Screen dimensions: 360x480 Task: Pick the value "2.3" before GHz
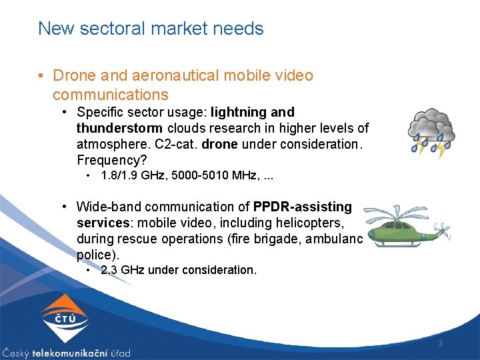(x=109, y=270)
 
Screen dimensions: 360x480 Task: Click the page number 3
(x=441, y=343)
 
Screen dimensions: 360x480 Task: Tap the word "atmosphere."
(x=109, y=144)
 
